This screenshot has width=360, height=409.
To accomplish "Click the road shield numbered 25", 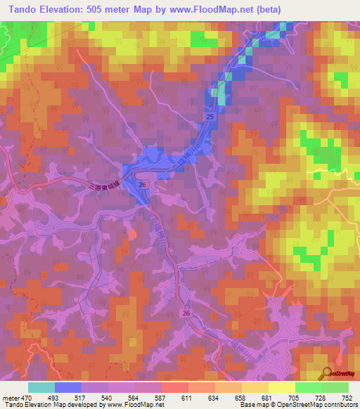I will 210,115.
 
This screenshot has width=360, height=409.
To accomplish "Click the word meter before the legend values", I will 10,397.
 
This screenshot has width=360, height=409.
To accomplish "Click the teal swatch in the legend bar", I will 41,387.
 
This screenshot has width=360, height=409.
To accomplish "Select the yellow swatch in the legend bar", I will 282,387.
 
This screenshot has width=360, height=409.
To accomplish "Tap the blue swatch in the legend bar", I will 68,387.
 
